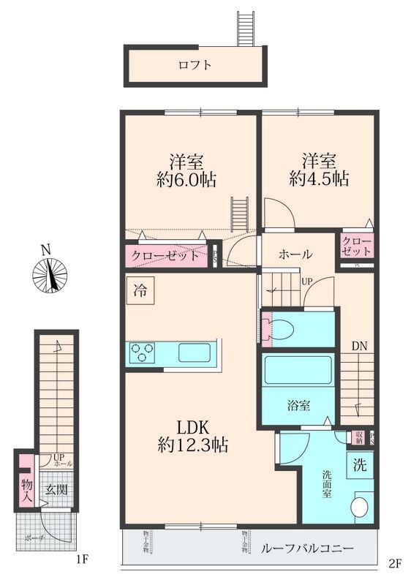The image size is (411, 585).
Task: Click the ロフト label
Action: coord(195,65)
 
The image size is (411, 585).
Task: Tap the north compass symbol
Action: coord(50,274)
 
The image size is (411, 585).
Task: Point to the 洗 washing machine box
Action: coord(361,463)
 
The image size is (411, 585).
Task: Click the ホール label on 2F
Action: coord(295,254)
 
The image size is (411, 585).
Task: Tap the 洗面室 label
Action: coord(328,483)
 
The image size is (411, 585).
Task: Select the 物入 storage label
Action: coord(26,491)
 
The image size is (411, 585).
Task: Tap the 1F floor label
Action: coord(82,560)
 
